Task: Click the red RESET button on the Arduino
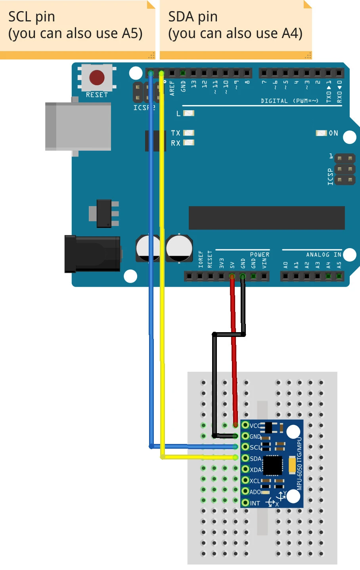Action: (x=97, y=78)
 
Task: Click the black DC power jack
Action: (x=92, y=254)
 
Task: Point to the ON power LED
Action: (x=321, y=133)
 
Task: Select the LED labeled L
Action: (x=189, y=113)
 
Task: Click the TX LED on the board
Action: (x=189, y=133)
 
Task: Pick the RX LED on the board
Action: (x=189, y=143)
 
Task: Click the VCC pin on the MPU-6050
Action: (x=245, y=425)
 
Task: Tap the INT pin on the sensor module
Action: (x=245, y=503)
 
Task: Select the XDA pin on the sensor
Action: (x=245, y=470)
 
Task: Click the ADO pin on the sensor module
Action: (x=245, y=492)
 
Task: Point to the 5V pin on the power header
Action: (x=232, y=276)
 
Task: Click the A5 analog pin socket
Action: (x=339, y=276)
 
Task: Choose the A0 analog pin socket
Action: (x=285, y=276)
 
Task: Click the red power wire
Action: (x=234, y=357)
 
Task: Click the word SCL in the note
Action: (x=19, y=17)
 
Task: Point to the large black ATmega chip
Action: (x=266, y=218)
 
